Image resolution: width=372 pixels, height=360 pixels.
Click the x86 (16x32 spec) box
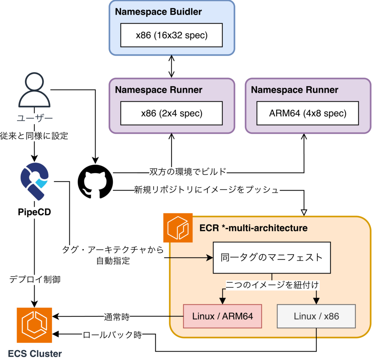[171, 36]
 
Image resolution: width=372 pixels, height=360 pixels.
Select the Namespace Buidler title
[158, 12]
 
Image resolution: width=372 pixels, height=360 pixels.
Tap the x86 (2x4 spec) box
[171, 113]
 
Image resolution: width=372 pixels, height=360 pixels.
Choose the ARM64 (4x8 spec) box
[308, 113]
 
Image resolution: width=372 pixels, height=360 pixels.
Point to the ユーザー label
[35, 118]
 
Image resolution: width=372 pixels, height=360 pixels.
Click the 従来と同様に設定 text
[35, 136]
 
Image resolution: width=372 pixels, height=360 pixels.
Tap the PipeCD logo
[34, 181]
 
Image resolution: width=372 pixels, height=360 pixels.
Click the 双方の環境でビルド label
[188, 172]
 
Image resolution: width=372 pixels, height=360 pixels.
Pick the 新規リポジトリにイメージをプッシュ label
[207, 190]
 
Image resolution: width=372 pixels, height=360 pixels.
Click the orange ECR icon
[178, 228]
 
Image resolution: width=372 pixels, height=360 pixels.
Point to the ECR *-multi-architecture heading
[254, 228]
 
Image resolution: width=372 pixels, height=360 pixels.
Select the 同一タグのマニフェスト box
[272, 258]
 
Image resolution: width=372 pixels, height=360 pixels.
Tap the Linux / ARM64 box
[222, 316]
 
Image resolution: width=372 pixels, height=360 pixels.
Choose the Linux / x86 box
[316, 316]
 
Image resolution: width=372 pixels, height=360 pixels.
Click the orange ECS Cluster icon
[35, 325]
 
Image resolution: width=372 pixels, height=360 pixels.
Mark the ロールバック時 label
[112, 335]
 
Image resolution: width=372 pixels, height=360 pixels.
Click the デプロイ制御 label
[35, 280]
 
